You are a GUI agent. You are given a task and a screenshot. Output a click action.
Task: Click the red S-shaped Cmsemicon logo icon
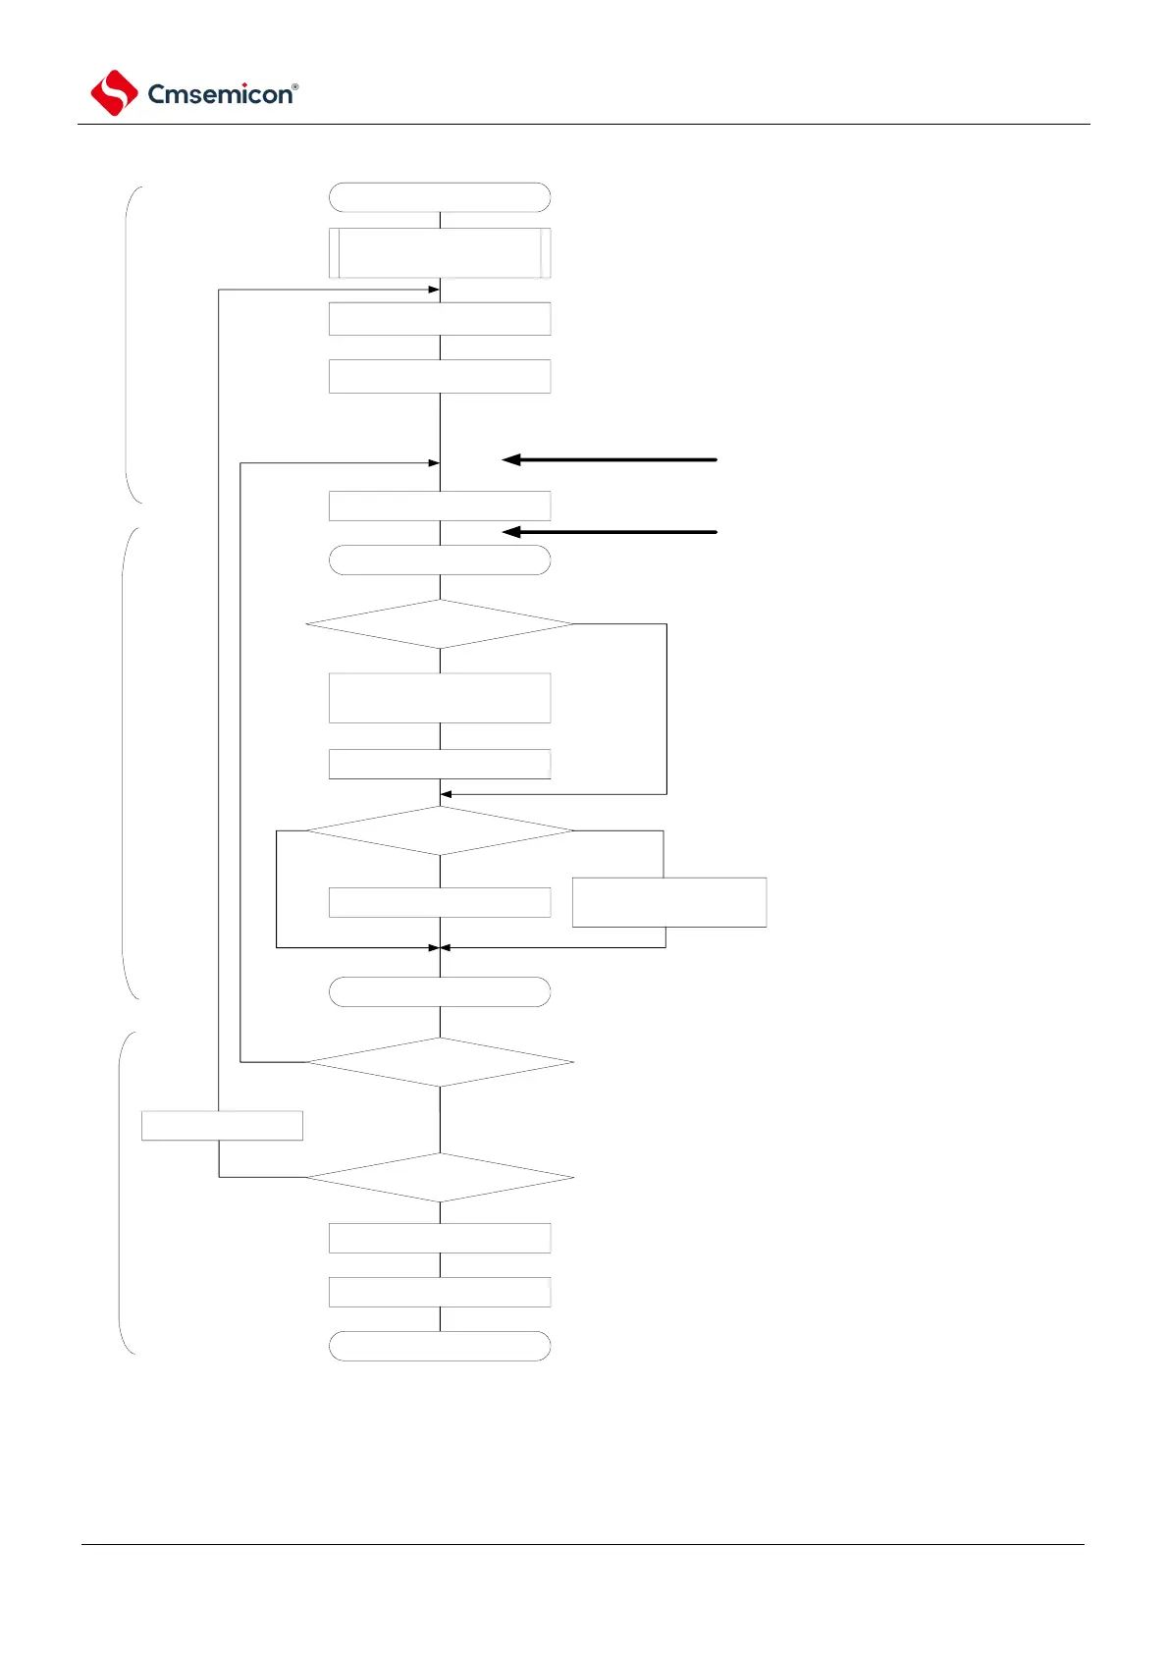(114, 93)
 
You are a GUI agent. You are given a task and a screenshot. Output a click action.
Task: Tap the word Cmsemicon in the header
(219, 94)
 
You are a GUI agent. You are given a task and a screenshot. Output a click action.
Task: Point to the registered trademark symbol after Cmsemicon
(295, 87)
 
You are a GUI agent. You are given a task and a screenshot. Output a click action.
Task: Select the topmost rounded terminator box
(440, 197)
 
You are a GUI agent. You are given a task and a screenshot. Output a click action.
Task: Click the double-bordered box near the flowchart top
(440, 253)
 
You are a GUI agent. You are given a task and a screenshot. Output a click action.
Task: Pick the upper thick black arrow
(610, 459)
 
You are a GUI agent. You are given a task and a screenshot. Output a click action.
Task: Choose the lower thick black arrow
(610, 532)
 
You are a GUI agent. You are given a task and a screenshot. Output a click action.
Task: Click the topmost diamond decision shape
(440, 624)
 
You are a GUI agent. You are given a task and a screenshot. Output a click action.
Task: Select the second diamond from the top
(440, 830)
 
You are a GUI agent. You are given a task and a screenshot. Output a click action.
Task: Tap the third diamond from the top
(440, 1062)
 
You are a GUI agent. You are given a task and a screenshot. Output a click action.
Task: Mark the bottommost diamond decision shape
(440, 1177)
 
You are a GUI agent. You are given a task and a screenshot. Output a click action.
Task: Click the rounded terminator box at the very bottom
(440, 1346)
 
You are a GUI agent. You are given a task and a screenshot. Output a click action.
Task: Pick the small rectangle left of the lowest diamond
(222, 1126)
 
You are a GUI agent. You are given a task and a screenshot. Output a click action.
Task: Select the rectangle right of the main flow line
(669, 902)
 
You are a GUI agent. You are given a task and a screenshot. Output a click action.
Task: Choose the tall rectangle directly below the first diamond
(440, 698)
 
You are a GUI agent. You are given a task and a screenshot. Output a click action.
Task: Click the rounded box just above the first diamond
(440, 560)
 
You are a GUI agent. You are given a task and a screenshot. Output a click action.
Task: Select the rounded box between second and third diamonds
(440, 991)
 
